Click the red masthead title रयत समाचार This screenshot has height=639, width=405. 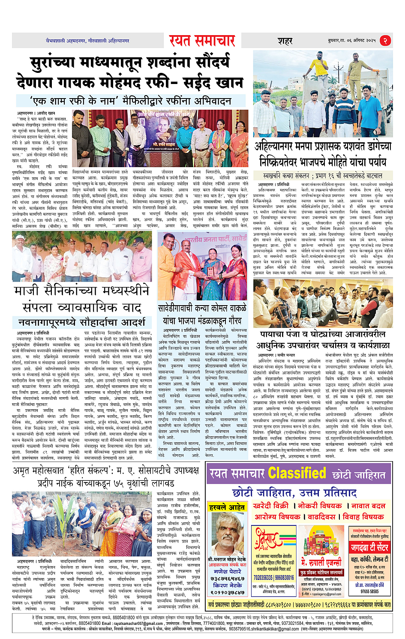click(202, 41)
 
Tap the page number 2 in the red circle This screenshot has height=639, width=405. click(385, 41)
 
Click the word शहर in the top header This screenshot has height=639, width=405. click(285, 41)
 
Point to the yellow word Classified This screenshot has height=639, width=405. click(297, 474)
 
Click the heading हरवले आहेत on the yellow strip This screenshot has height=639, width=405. click(227, 507)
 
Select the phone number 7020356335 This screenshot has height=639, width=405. click(263, 578)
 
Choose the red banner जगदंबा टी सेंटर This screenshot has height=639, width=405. click(369, 548)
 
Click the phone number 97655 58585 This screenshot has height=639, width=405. click(369, 591)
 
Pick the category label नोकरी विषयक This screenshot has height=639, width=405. click(320, 506)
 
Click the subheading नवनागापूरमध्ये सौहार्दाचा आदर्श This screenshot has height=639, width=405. click(81, 322)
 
